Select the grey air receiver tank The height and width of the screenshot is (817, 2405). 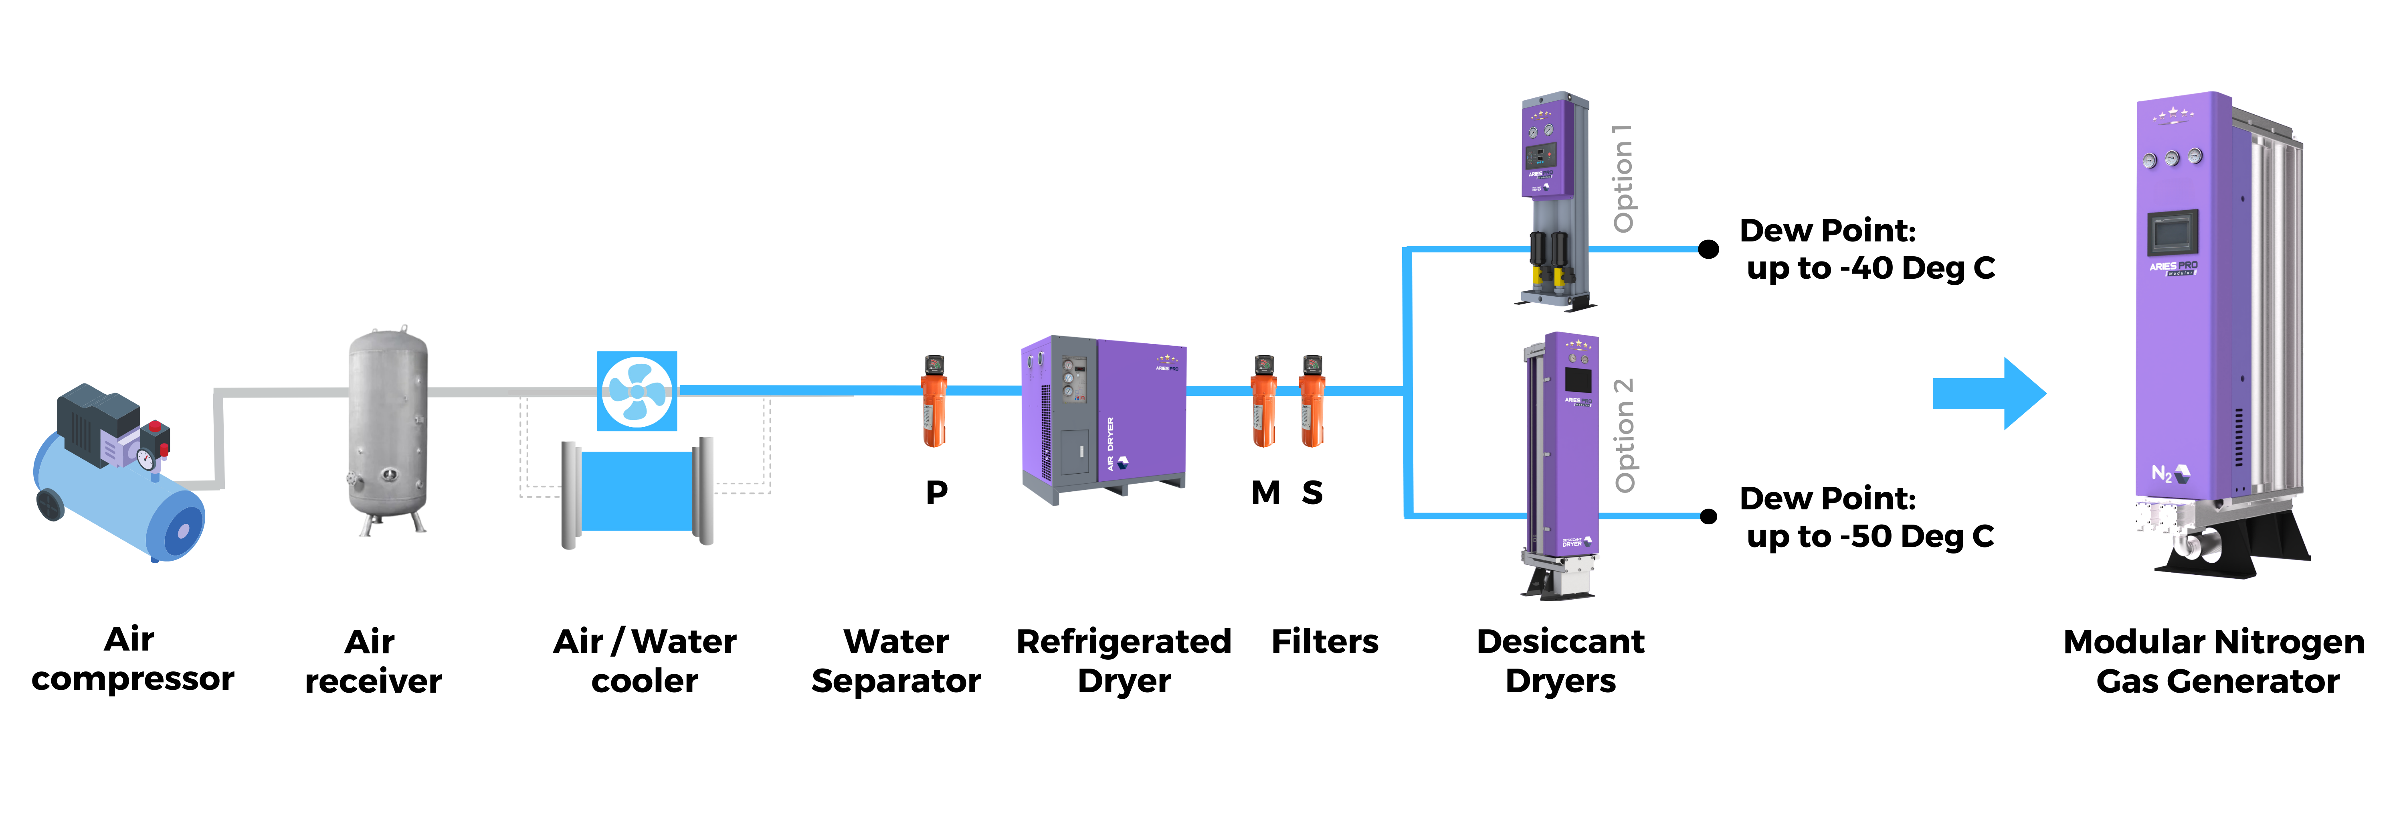pos(388,430)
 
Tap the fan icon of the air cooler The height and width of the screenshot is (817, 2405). pos(637,391)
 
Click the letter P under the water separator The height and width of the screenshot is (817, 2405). pos(936,492)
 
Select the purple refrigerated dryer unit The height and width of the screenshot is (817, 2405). pos(1103,416)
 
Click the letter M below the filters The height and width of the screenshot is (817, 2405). pos(1265,492)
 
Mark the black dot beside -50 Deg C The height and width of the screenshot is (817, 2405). pos(1708,516)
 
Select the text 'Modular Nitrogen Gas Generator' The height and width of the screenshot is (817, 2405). pos(2215,661)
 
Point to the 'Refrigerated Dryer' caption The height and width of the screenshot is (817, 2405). pos(1124,661)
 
